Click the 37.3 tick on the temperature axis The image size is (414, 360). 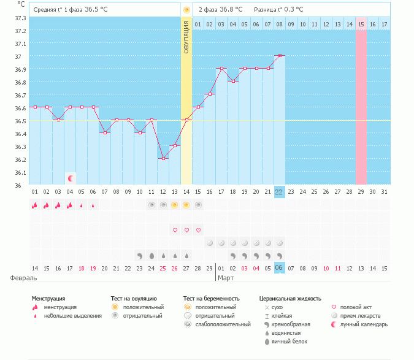click(x=20, y=18)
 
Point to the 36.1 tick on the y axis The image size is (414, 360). click(x=20, y=172)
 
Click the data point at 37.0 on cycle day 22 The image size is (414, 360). click(x=280, y=55)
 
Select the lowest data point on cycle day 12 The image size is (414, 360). click(x=163, y=158)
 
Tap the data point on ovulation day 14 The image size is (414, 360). click(x=186, y=120)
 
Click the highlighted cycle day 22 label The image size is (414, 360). click(x=280, y=191)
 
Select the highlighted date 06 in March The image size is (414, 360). click(x=280, y=268)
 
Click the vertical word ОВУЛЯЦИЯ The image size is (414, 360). click(x=186, y=36)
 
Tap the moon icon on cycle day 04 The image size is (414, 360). click(x=71, y=178)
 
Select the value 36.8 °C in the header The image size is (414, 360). click(x=230, y=9)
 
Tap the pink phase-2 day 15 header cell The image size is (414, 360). click(x=361, y=24)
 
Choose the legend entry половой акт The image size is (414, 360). click(x=355, y=307)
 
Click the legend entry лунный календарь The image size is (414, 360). click(x=364, y=324)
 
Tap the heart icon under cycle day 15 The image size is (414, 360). click(x=198, y=230)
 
